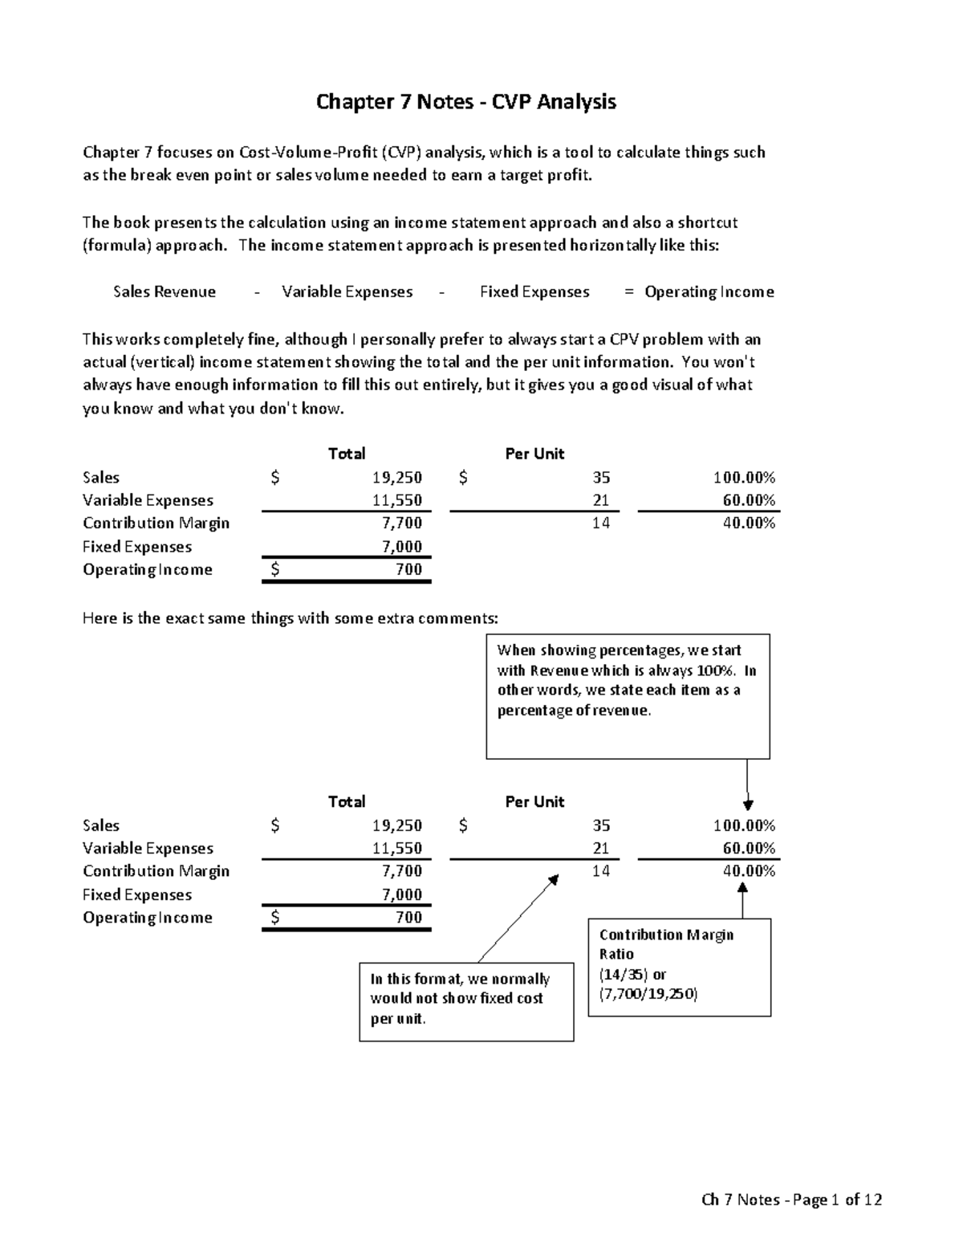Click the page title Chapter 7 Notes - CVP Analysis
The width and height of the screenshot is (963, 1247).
(466, 102)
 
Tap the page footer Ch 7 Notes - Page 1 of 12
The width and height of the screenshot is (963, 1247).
(791, 1200)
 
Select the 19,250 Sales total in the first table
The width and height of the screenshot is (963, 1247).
(396, 478)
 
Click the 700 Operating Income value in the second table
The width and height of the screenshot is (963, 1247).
(408, 917)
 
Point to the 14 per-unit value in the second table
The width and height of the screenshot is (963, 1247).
(601, 871)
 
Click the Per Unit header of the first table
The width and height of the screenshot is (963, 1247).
(534, 454)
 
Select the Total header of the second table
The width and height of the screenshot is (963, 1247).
(346, 801)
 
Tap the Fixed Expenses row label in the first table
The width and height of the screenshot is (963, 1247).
(137, 547)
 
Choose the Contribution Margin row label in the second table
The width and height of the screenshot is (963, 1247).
(156, 871)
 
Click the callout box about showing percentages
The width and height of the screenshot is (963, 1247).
(628, 695)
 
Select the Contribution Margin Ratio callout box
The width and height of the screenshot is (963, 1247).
(679, 967)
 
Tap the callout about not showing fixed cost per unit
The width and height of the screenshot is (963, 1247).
(466, 1000)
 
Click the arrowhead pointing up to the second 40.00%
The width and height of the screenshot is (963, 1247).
(742, 888)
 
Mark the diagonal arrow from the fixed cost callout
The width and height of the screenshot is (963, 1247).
(518, 919)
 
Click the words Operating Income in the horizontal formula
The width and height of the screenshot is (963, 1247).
(709, 292)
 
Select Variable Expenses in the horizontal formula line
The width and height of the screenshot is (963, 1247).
(347, 292)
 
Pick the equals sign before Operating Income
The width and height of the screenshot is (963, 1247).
(628, 292)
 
